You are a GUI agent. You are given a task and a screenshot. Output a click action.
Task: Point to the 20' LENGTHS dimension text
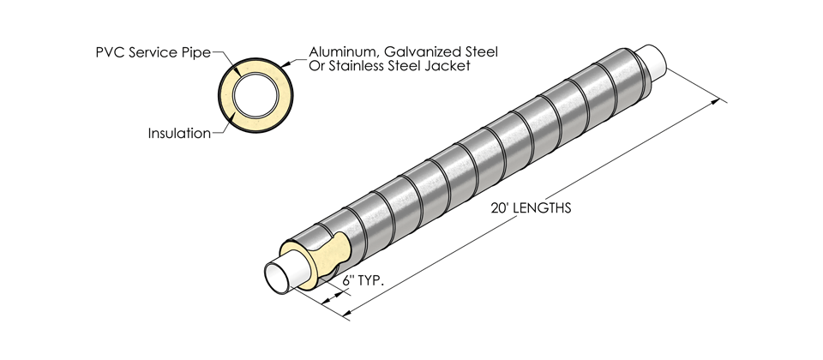pyautogui.click(x=531, y=208)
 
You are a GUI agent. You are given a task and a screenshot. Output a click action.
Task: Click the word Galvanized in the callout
pyautogui.click(x=425, y=52)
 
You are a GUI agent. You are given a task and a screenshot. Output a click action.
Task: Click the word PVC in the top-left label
pyautogui.click(x=111, y=52)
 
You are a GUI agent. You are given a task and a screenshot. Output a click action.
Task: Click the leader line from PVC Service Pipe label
pyautogui.click(x=224, y=57)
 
